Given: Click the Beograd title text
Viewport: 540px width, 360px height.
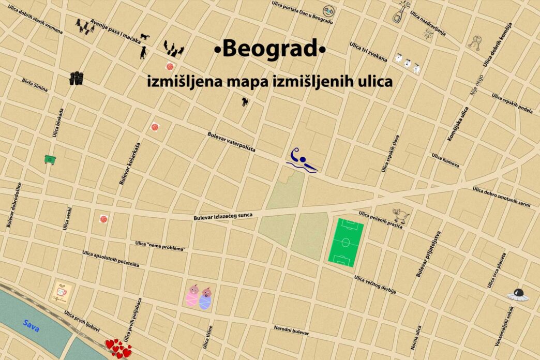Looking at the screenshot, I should coord(270,50).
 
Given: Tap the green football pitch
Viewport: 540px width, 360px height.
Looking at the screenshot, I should coord(346,242).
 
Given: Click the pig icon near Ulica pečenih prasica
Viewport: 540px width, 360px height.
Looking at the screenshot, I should coord(400,214).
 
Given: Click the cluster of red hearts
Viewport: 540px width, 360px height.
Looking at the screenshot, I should coord(118,348).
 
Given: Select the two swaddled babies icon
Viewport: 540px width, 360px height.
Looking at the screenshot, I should coord(199,297).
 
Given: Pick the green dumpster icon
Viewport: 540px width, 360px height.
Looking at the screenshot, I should coord(50,160).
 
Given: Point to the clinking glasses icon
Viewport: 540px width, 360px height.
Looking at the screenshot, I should coord(475,42).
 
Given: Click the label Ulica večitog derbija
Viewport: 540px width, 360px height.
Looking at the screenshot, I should coord(375,285).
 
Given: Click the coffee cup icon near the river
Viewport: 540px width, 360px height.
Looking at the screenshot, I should coord(62,294).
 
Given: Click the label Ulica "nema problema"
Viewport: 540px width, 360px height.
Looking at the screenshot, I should coord(160,246).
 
